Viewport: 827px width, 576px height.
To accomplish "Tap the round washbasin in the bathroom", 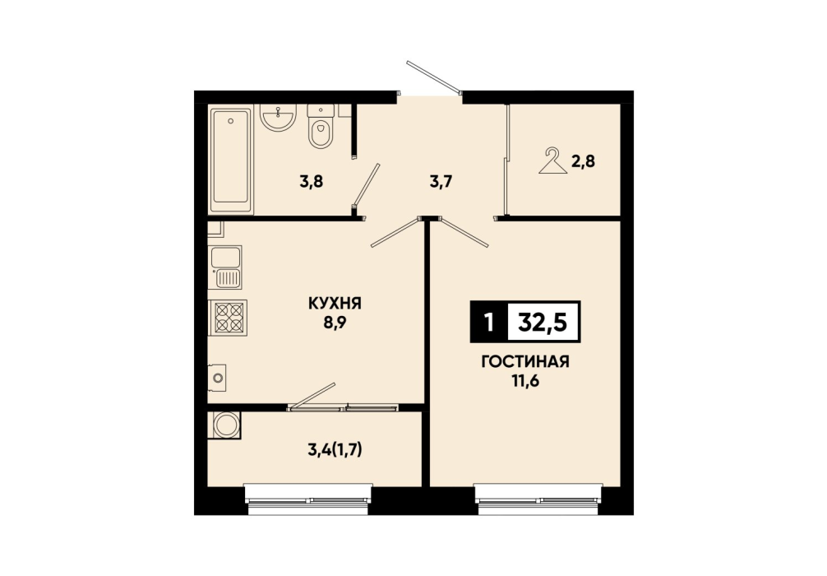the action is (x=278, y=117).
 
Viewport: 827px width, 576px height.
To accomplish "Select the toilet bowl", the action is (x=320, y=127).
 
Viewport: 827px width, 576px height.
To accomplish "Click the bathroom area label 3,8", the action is (x=312, y=182).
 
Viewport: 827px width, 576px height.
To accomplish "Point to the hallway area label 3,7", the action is (x=441, y=182).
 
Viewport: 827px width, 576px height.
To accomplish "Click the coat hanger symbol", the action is (x=552, y=161).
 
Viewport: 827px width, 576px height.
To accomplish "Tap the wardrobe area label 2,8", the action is (x=584, y=161).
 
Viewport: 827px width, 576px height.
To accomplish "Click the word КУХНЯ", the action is (x=335, y=304).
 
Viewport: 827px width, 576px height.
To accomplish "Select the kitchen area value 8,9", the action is (x=335, y=323).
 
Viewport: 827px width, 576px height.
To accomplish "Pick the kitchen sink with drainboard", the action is (x=226, y=267).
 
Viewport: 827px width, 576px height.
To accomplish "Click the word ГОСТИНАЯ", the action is (x=525, y=362).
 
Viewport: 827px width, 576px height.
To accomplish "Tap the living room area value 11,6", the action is (x=525, y=381).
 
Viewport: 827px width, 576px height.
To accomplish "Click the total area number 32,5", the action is (x=543, y=322).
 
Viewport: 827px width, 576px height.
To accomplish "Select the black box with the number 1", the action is (x=489, y=322).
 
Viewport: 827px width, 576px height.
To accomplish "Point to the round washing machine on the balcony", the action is (x=226, y=425).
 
